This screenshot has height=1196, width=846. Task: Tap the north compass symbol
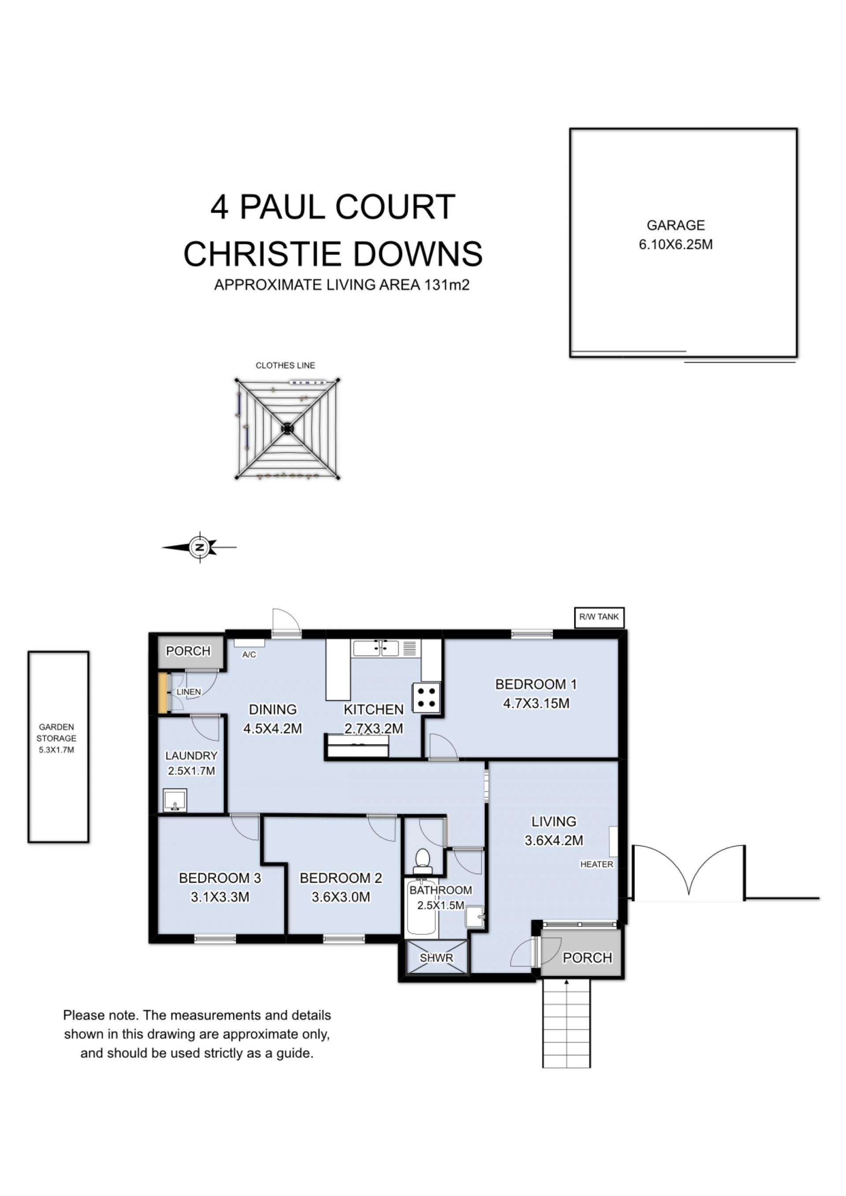click(200, 548)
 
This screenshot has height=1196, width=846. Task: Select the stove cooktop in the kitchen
click(427, 697)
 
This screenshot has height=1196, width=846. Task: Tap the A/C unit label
click(249, 655)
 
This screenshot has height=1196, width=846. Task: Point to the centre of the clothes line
click(287, 428)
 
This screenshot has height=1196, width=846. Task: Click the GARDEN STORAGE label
click(56, 733)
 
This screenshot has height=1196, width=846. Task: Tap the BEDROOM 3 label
click(220, 878)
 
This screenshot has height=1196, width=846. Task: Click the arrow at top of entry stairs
click(566, 983)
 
